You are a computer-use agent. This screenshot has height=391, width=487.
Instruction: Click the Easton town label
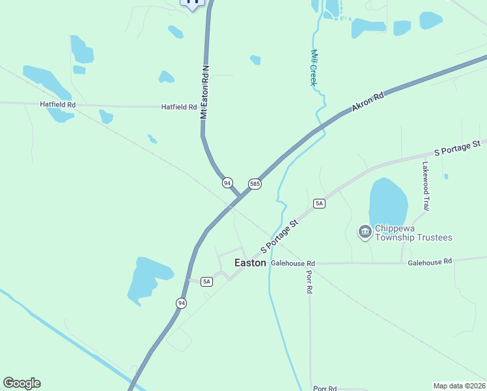coord(250,263)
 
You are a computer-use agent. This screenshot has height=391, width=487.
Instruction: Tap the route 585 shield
coord(255,184)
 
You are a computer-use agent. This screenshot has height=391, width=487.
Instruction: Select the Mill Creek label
coord(313,68)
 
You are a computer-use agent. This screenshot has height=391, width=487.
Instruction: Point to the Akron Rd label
coord(369,103)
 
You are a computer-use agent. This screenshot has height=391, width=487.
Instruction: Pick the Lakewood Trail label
coord(426,186)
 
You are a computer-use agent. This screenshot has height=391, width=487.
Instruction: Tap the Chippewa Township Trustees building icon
coord(365,231)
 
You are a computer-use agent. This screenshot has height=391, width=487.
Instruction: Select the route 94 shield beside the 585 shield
coord(227,183)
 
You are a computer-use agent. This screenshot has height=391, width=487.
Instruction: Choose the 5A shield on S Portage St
coord(319,203)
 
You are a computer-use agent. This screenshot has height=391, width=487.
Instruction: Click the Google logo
coord(21,383)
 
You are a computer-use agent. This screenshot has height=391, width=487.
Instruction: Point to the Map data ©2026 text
coord(459,386)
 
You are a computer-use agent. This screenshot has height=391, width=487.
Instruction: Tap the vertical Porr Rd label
coord(309,281)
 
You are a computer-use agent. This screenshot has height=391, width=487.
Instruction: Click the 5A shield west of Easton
coord(206,282)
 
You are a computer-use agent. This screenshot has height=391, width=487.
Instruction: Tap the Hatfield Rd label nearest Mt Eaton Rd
coord(179,107)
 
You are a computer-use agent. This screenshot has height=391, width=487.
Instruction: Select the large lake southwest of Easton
coord(149,279)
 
